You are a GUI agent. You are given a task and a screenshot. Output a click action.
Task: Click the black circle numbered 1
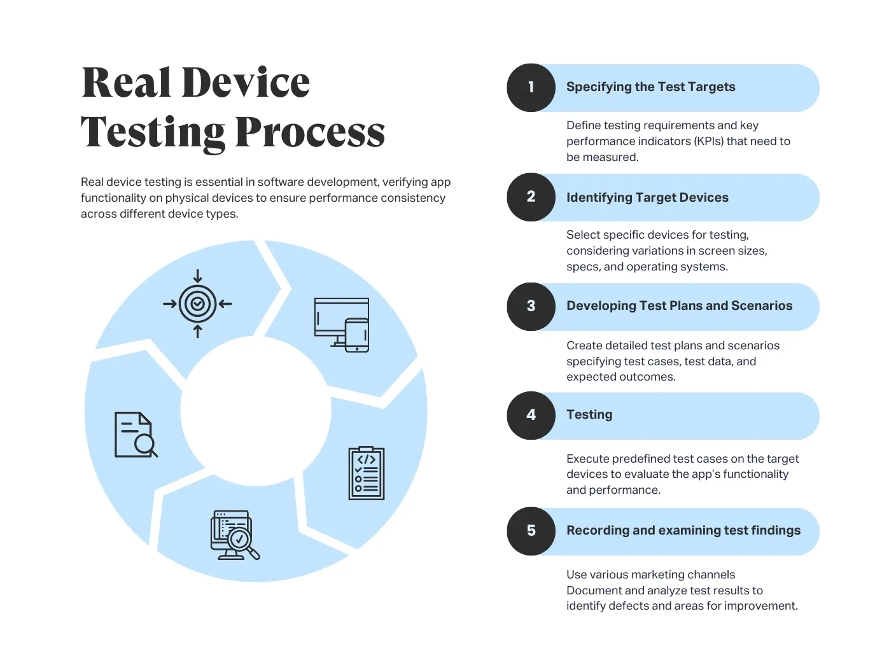coord(531,88)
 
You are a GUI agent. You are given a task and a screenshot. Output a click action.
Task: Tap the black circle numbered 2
coord(531,197)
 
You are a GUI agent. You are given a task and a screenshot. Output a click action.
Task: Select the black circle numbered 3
coord(531,307)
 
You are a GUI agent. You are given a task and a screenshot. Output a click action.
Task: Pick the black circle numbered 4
coord(531,416)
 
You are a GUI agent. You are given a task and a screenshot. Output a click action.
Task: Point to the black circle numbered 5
coord(531,531)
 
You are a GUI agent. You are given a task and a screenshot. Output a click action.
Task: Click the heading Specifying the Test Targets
coord(650,87)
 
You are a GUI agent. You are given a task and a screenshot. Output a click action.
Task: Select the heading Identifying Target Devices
coord(647,197)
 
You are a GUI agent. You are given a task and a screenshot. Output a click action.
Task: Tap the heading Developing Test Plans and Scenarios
coord(679,306)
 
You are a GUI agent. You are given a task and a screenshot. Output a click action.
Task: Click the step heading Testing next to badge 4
coord(589,415)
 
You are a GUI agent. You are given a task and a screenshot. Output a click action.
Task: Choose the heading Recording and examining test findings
coord(683,531)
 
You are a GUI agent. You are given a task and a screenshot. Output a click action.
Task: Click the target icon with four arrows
coord(197,304)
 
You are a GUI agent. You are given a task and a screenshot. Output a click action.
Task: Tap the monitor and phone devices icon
coord(342,325)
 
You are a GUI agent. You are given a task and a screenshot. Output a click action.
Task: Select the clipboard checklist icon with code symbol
coord(367,473)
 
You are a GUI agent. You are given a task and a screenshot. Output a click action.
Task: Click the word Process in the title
coord(310,132)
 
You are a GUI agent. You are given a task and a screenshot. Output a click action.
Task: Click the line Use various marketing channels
coord(650,575)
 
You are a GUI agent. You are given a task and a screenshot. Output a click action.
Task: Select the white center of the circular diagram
coord(256,411)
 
